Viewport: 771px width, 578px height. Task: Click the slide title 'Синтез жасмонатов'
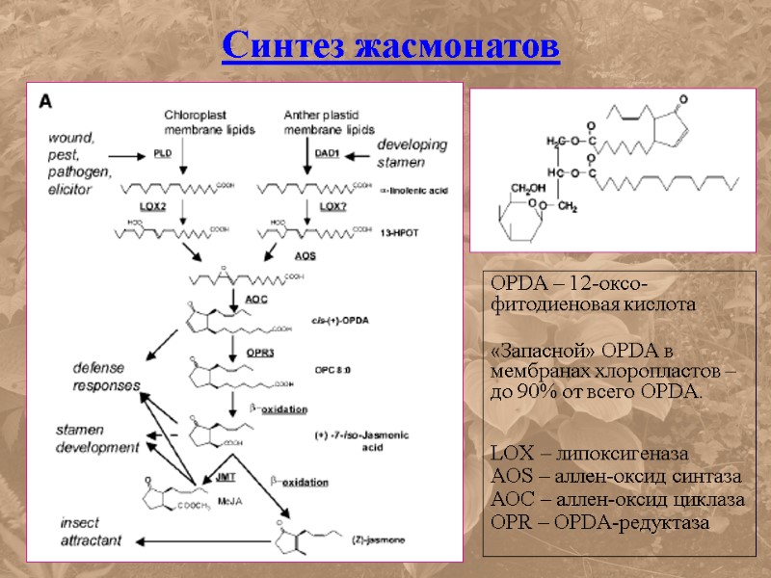coord(390,45)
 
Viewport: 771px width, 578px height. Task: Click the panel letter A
coord(45,99)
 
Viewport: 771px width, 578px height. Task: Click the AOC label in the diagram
coord(256,300)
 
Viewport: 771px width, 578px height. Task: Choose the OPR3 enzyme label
coord(259,354)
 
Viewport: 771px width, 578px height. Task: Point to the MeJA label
coord(229,500)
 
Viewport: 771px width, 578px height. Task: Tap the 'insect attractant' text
coord(91,532)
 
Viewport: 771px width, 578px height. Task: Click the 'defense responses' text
coord(106,376)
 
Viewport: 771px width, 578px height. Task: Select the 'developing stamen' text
coord(412,153)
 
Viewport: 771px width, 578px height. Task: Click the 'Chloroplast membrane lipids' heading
coord(208,121)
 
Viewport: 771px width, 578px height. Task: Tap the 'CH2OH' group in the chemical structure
coord(527,187)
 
